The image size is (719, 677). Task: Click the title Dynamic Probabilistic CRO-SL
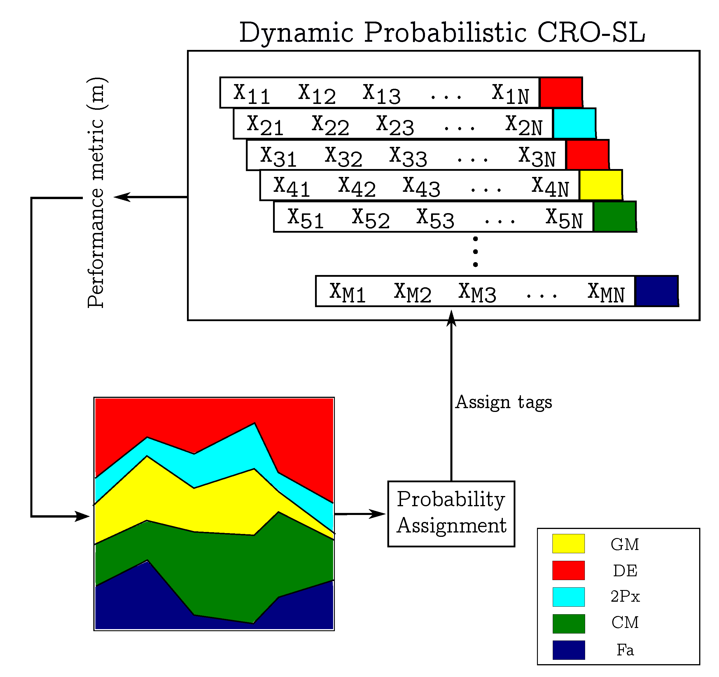pyautogui.click(x=442, y=33)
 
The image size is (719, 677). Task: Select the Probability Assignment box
pyautogui.click(x=451, y=513)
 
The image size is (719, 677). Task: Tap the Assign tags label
pyautogui.click(x=503, y=402)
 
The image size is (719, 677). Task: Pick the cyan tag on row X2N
pyautogui.click(x=574, y=123)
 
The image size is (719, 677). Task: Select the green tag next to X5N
pyautogui.click(x=615, y=217)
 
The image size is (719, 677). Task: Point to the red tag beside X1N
pyautogui.click(x=561, y=92)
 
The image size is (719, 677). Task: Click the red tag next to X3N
pyautogui.click(x=587, y=155)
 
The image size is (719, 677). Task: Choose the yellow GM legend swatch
pyautogui.click(x=568, y=543)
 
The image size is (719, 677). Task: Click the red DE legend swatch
pyautogui.click(x=568, y=570)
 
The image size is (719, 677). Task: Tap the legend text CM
pyautogui.click(x=625, y=622)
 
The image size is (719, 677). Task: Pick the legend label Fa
pyautogui.click(x=625, y=650)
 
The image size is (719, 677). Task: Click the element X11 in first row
pyautogui.click(x=252, y=94)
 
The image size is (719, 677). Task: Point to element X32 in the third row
pyautogui.click(x=343, y=156)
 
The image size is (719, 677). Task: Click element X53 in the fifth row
pyautogui.click(x=435, y=218)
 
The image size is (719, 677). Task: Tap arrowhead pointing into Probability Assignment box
pyautogui.click(x=378, y=514)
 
